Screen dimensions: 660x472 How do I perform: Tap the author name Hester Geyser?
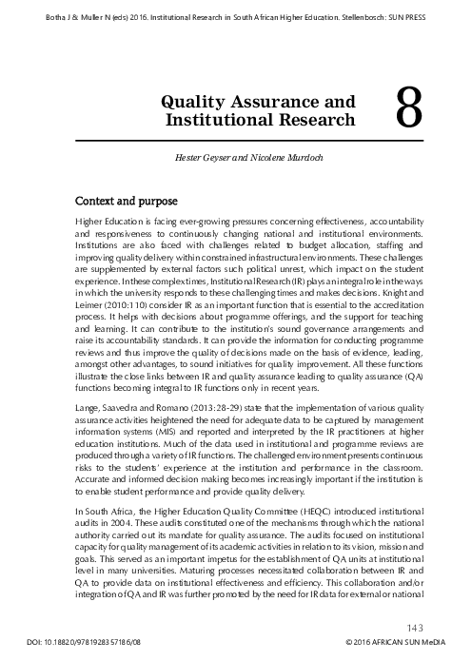[206, 154]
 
